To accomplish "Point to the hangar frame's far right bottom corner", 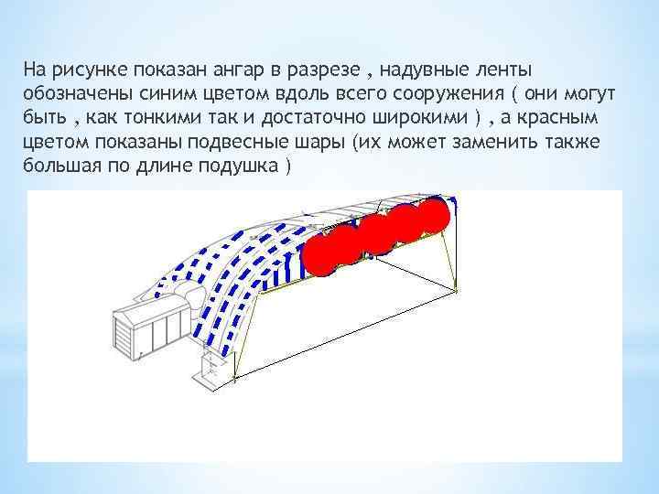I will click(457, 290).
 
